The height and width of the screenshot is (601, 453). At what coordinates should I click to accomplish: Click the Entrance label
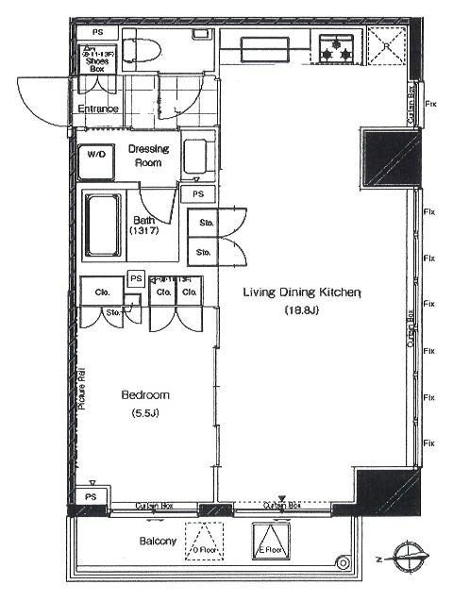click(x=99, y=109)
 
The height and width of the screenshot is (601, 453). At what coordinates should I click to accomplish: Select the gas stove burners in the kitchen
click(x=334, y=50)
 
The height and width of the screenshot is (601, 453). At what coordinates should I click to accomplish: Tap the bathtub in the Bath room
click(x=102, y=225)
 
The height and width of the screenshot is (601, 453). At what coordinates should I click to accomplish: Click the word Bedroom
click(x=144, y=394)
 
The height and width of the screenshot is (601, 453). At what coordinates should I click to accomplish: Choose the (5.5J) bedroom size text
click(x=144, y=411)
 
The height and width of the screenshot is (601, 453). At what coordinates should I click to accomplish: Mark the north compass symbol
click(x=408, y=559)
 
